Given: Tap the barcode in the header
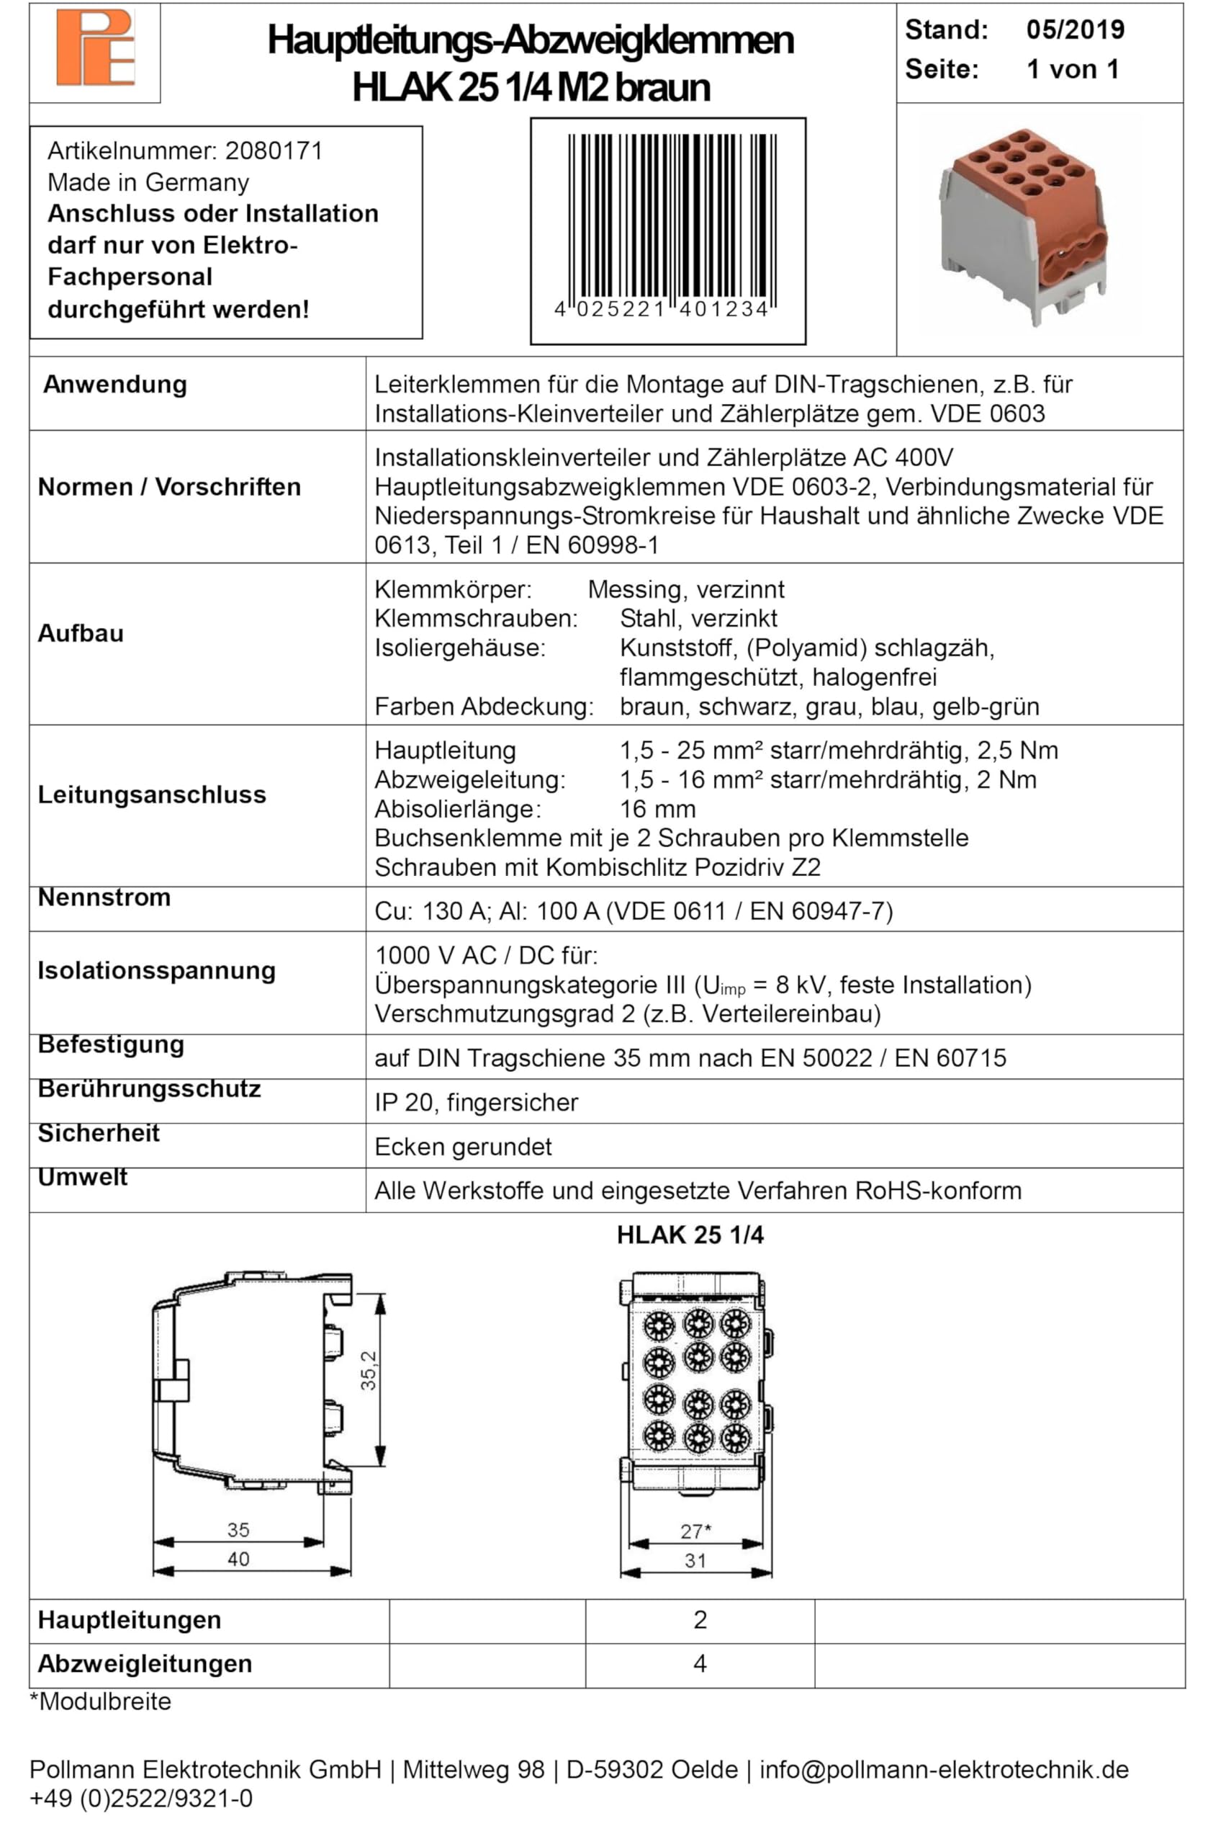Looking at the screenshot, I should tap(668, 223).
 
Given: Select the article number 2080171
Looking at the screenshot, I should tap(274, 151).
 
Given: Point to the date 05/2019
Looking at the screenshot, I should tap(1075, 30).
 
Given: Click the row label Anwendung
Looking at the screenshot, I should tap(115, 384).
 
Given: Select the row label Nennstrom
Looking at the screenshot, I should tap(104, 897).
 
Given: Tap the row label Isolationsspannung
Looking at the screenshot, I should tap(156, 970).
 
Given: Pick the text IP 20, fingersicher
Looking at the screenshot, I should tap(476, 1102).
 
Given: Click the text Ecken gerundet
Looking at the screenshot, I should tap(463, 1147).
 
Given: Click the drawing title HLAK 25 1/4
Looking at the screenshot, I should tap(690, 1235).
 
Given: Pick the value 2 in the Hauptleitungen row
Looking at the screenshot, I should tap(700, 1619).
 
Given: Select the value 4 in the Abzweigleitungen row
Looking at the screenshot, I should tap(700, 1663).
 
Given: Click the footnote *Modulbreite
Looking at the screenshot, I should tap(100, 1701).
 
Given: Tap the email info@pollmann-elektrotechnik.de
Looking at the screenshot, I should tap(944, 1770).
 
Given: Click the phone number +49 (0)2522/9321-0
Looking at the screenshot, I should tap(140, 1799).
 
